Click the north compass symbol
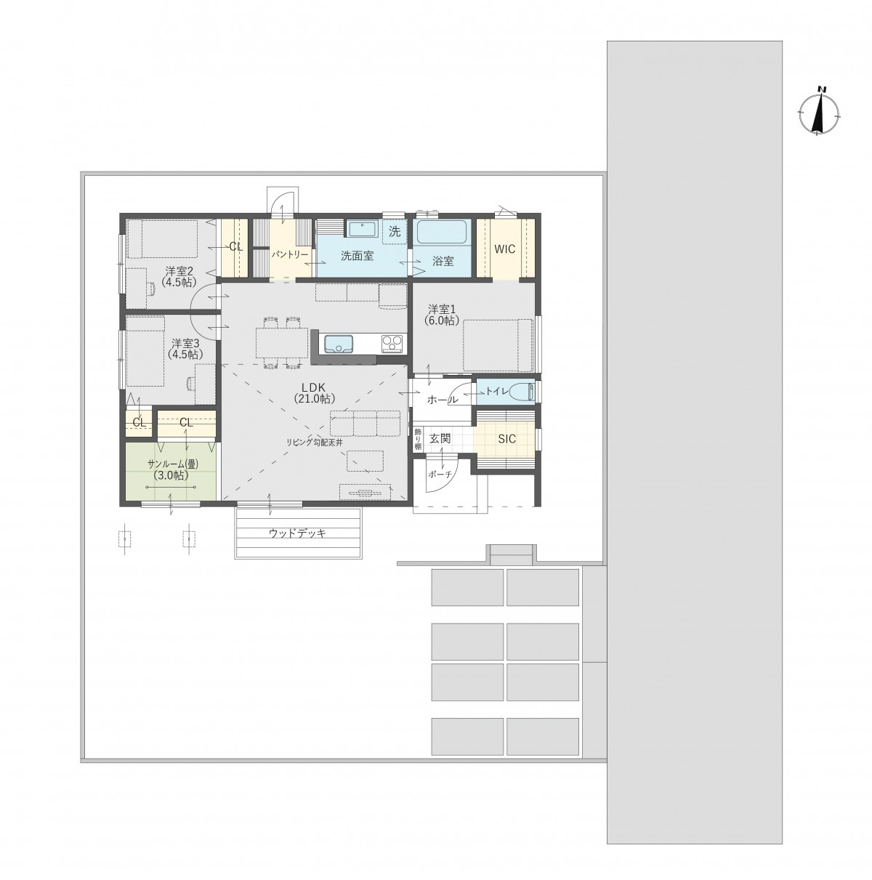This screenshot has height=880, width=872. [818, 111]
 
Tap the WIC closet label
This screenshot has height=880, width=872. [505, 249]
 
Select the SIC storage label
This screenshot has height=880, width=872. [506, 439]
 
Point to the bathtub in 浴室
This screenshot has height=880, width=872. [442, 233]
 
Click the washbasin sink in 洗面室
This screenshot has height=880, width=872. [361, 228]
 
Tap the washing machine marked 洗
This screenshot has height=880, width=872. [394, 232]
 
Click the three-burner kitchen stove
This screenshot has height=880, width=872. [392, 344]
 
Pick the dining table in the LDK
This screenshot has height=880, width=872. [282, 342]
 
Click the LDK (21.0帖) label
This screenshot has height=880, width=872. [314, 392]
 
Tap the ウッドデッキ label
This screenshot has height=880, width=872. [297, 533]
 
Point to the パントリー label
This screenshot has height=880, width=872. [290, 254]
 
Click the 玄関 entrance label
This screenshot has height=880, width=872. [440, 439]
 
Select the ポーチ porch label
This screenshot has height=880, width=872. [440, 475]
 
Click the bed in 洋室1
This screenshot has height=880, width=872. [498, 344]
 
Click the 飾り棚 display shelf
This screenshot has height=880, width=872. [418, 438]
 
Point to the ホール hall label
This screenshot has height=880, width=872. [442, 400]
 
